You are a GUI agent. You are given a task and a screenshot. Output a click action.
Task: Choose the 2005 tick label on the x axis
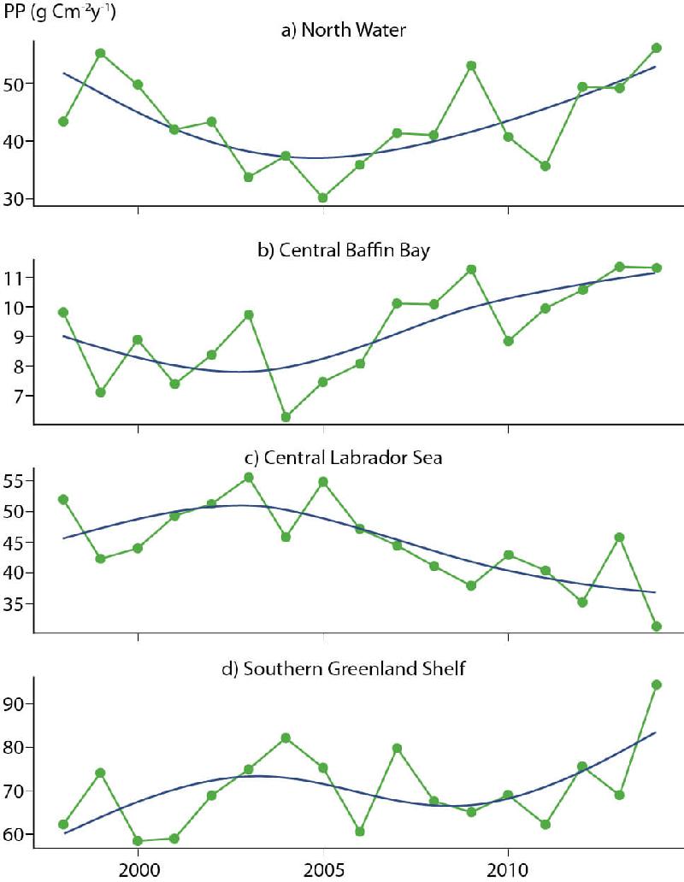coord(323,867)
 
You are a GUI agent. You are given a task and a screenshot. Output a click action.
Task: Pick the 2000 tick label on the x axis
coord(138,867)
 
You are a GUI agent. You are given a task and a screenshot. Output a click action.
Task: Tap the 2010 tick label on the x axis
coord(508,867)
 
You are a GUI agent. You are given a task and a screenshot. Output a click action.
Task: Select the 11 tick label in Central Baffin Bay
coord(18,278)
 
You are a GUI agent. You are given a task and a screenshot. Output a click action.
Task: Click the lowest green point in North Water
coord(323,197)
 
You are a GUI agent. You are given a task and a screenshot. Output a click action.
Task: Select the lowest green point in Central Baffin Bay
coord(286,417)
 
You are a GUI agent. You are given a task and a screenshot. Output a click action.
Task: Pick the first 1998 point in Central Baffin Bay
coord(63,312)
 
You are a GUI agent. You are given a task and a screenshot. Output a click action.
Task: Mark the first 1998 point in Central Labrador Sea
coord(63,499)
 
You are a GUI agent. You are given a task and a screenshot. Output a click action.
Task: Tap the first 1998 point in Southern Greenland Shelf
coord(63,824)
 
